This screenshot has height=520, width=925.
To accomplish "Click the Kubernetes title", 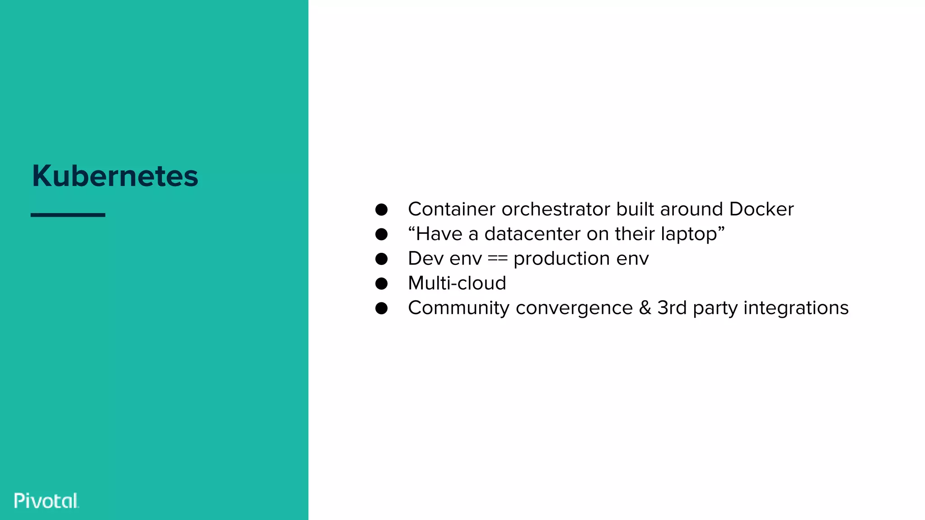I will [x=115, y=176].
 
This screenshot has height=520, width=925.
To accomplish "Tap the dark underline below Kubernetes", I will [x=68, y=215].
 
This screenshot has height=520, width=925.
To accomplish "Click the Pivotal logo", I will [x=47, y=501].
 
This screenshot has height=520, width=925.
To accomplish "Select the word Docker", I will [x=761, y=209].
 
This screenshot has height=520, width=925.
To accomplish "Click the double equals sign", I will [x=497, y=259].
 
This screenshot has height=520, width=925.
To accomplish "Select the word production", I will [x=561, y=259].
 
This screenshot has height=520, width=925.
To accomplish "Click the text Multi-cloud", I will [x=457, y=283].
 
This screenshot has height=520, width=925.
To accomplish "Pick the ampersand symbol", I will [x=645, y=308].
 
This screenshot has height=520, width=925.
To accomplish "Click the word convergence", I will [x=574, y=308].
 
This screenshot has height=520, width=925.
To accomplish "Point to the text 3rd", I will [x=672, y=308].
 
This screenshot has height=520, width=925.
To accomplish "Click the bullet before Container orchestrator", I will [x=381, y=209].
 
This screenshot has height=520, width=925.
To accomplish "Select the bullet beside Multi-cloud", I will [x=381, y=283].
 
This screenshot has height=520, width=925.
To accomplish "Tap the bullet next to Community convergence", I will [x=381, y=308].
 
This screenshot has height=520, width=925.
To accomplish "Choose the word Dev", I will [x=425, y=259].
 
